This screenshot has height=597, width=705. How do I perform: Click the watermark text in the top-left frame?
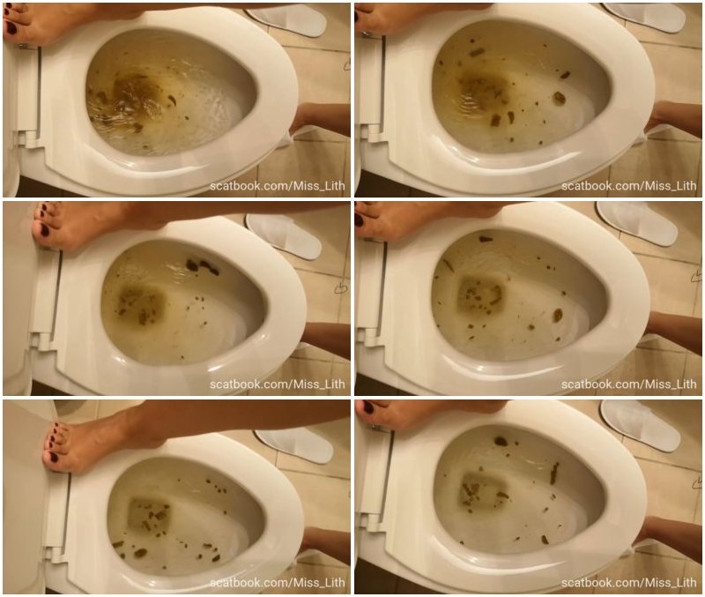(x=277, y=186)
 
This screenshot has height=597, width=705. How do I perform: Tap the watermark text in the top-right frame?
(x=628, y=186)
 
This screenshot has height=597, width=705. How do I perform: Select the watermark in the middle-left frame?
(x=277, y=384)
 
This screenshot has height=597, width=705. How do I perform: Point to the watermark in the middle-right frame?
(x=628, y=384)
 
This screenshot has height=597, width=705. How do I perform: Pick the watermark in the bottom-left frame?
(x=277, y=583)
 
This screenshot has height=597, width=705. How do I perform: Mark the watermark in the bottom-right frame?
(x=628, y=583)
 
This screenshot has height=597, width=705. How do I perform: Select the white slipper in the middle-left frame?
(x=283, y=235)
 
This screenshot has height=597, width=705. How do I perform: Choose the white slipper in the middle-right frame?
(x=636, y=222)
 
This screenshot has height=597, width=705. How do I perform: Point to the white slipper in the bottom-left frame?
(x=293, y=444)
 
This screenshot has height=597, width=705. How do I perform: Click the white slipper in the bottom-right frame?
(x=641, y=425)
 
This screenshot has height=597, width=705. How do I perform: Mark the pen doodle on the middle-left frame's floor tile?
(x=340, y=288)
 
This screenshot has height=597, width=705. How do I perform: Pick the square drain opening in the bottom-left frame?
(x=149, y=514)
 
